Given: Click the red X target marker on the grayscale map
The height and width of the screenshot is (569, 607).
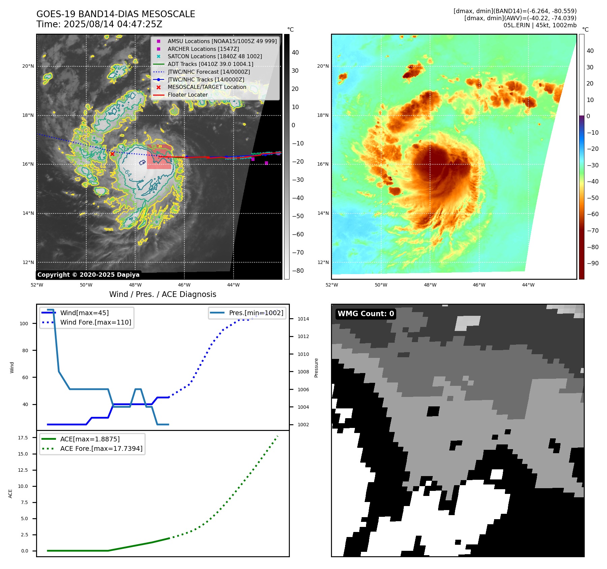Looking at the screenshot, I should (x=112, y=154).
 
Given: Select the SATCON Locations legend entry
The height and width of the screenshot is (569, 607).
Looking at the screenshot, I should (x=215, y=56).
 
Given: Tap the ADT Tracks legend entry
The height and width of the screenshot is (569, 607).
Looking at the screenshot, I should (x=210, y=64).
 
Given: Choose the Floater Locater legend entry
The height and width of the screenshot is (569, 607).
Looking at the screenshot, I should (x=187, y=95).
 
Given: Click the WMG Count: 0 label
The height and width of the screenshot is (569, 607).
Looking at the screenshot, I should (x=366, y=314).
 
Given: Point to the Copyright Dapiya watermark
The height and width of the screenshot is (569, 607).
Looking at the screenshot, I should (x=88, y=275).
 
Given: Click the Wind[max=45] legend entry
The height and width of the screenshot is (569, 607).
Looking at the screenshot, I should (x=84, y=313).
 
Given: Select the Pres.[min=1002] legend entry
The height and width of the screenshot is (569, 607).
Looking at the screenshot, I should (x=256, y=313).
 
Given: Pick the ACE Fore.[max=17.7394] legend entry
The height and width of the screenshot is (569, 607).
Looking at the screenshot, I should (x=101, y=448).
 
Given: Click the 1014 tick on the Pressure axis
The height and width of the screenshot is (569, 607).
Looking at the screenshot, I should (x=303, y=319).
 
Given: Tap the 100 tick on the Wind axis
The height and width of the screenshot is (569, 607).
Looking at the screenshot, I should (x=24, y=324).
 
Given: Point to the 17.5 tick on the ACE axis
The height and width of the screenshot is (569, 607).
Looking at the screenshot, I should (x=23, y=438).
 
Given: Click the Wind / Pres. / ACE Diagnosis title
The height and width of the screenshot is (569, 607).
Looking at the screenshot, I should (x=162, y=294).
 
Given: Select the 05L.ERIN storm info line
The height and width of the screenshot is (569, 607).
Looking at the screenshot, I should (x=540, y=25).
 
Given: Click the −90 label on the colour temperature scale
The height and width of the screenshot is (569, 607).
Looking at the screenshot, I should (x=593, y=263).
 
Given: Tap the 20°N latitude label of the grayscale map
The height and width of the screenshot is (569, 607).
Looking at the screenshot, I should (x=28, y=66).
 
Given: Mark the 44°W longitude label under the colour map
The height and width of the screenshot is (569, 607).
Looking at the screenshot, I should (x=528, y=285).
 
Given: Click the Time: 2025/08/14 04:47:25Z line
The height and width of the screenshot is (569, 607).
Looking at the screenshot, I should (x=99, y=24).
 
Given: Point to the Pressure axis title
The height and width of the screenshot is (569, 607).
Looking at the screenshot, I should (x=316, y=368).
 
